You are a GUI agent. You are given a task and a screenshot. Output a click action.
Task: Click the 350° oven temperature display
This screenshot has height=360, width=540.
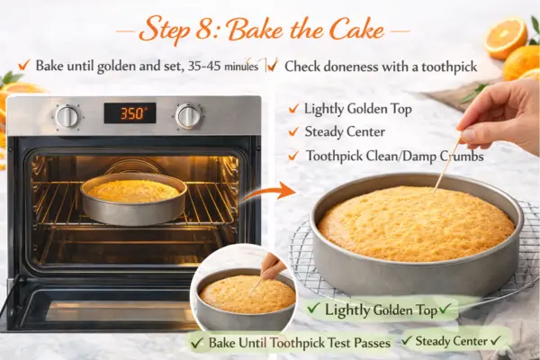(x=130, y=113)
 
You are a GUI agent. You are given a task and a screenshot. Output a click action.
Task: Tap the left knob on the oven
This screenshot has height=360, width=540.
(x=67, y=116)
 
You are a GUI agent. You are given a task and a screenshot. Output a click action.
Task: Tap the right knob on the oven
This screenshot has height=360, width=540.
(x=188, y=116)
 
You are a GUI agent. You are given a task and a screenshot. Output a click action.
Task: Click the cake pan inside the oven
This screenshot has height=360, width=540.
(x=133, y=199)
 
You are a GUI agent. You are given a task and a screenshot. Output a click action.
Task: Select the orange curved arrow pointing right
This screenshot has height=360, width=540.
(x=267, y=193)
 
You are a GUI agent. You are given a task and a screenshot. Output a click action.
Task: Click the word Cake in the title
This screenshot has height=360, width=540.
(x=357, y=30)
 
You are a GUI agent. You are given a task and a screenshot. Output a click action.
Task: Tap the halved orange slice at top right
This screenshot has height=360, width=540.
(x=506, y=38)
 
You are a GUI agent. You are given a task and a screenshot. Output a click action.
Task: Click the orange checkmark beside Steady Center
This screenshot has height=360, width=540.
(x=293, y=131)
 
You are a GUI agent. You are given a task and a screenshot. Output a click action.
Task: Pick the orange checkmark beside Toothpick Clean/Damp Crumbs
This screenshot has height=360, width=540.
(x=293, y=156)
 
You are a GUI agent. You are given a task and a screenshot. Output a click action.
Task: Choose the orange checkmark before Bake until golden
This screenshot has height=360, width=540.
(x=24, y=65)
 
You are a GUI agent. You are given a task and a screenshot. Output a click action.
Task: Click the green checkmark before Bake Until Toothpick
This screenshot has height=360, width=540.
(x=197, y=343)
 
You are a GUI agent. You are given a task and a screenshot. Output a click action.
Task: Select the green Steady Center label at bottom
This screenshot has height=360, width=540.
(x=452, y=341)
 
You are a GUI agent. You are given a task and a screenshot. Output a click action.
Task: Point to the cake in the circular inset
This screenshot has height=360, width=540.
(x=247, y=294)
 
